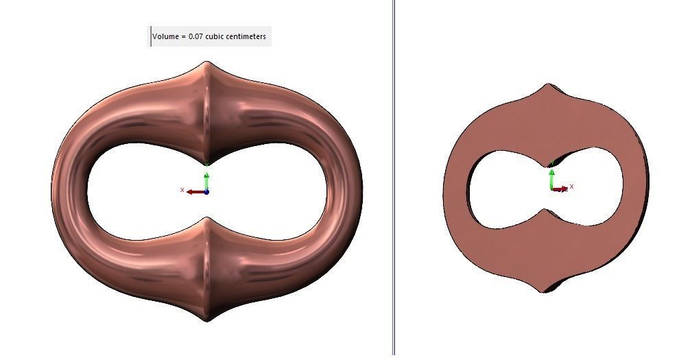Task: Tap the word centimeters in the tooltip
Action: tap(245, 36)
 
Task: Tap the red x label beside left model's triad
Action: tap(182, 190)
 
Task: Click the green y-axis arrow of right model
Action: tap(551, 178)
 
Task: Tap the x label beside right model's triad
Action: tap(571, 186)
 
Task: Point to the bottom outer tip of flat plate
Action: tap(544, 292)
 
